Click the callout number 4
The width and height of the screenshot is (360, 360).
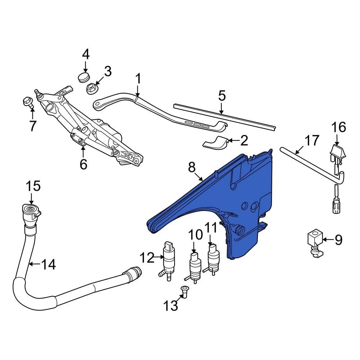(x=86, y=55)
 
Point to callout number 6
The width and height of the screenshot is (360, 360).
(x=83, y=164)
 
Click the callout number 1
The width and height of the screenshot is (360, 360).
(x=138, y=78)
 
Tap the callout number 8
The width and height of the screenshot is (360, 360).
(x=192, y=167)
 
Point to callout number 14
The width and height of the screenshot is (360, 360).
(x=49, y=265)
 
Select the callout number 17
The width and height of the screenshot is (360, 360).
(x=312, y=140)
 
